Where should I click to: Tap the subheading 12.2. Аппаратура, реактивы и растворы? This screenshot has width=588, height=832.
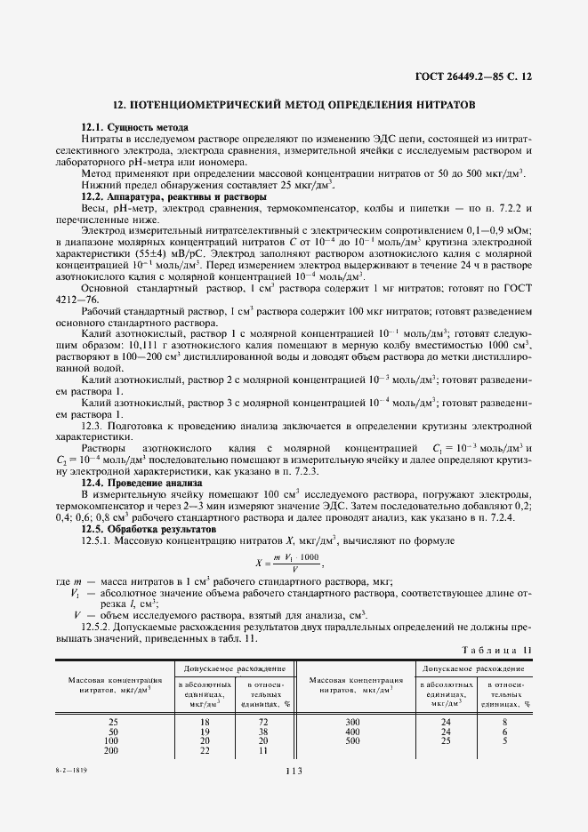[173, 196]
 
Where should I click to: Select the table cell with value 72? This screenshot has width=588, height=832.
[263, 722]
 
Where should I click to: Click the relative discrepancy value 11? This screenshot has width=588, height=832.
[263, 750]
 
